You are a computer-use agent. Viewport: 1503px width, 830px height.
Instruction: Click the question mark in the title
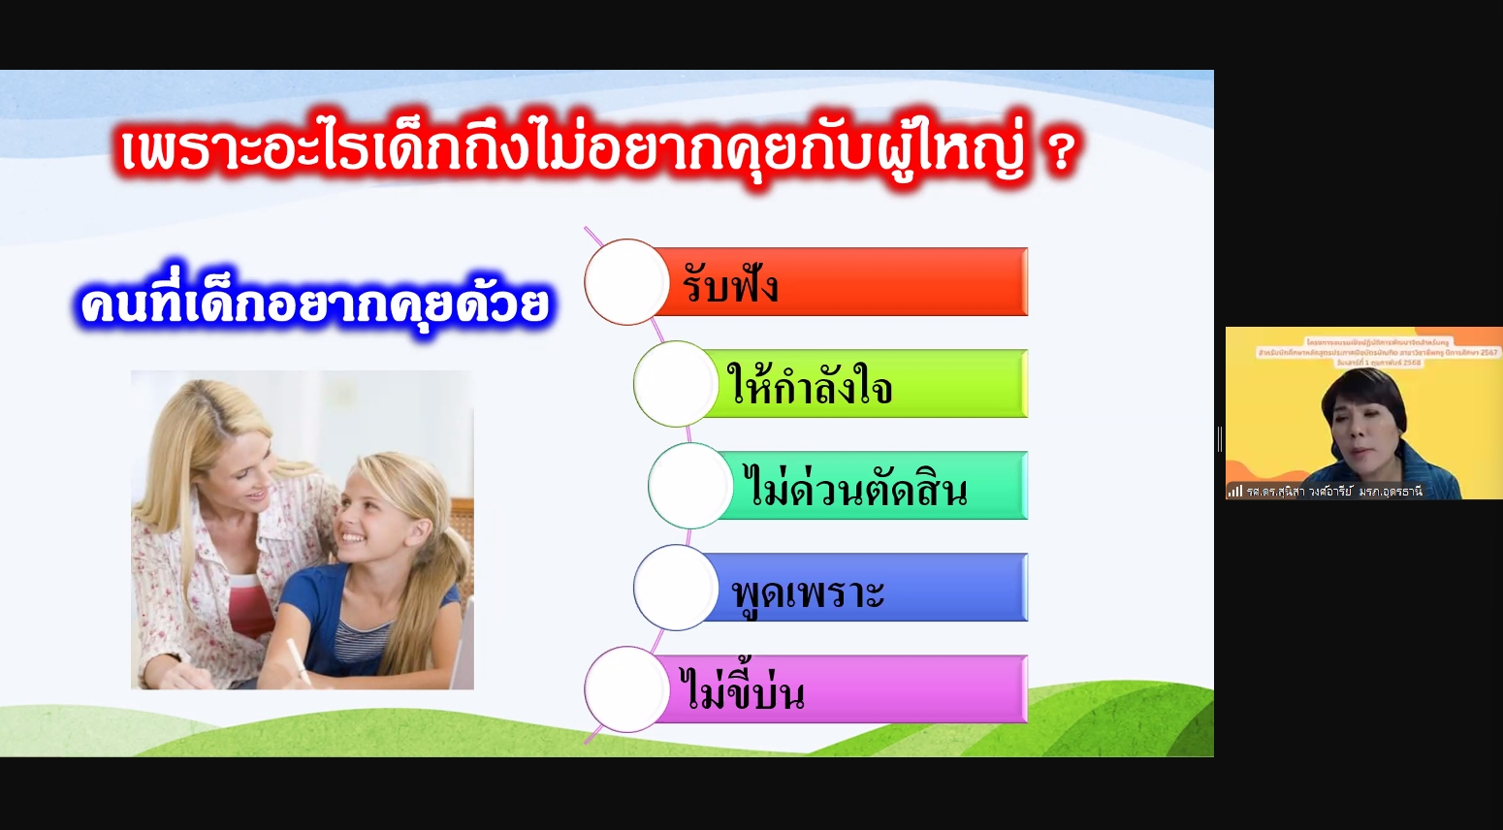point(1062,152)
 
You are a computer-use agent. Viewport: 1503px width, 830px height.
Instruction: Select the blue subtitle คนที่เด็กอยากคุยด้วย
point(314,303)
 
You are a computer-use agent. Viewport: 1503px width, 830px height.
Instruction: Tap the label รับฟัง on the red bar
point(730,285)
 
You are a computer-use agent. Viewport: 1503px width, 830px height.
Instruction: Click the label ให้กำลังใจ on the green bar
point(810,386)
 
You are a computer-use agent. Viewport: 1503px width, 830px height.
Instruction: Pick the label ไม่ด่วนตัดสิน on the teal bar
point(855,488)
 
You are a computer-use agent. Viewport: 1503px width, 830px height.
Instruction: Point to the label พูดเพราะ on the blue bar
point(808,591)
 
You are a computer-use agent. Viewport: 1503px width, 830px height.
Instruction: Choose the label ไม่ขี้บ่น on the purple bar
point(742,691)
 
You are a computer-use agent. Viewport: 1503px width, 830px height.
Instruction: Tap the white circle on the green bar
point(676,384)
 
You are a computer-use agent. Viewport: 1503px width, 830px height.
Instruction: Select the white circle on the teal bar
point(690,486)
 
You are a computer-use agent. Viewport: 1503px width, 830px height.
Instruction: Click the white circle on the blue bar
point(676,588)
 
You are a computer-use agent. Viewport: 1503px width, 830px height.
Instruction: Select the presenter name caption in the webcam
point(1334,492)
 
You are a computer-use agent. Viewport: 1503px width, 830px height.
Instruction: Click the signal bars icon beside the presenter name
point(1234,491)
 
